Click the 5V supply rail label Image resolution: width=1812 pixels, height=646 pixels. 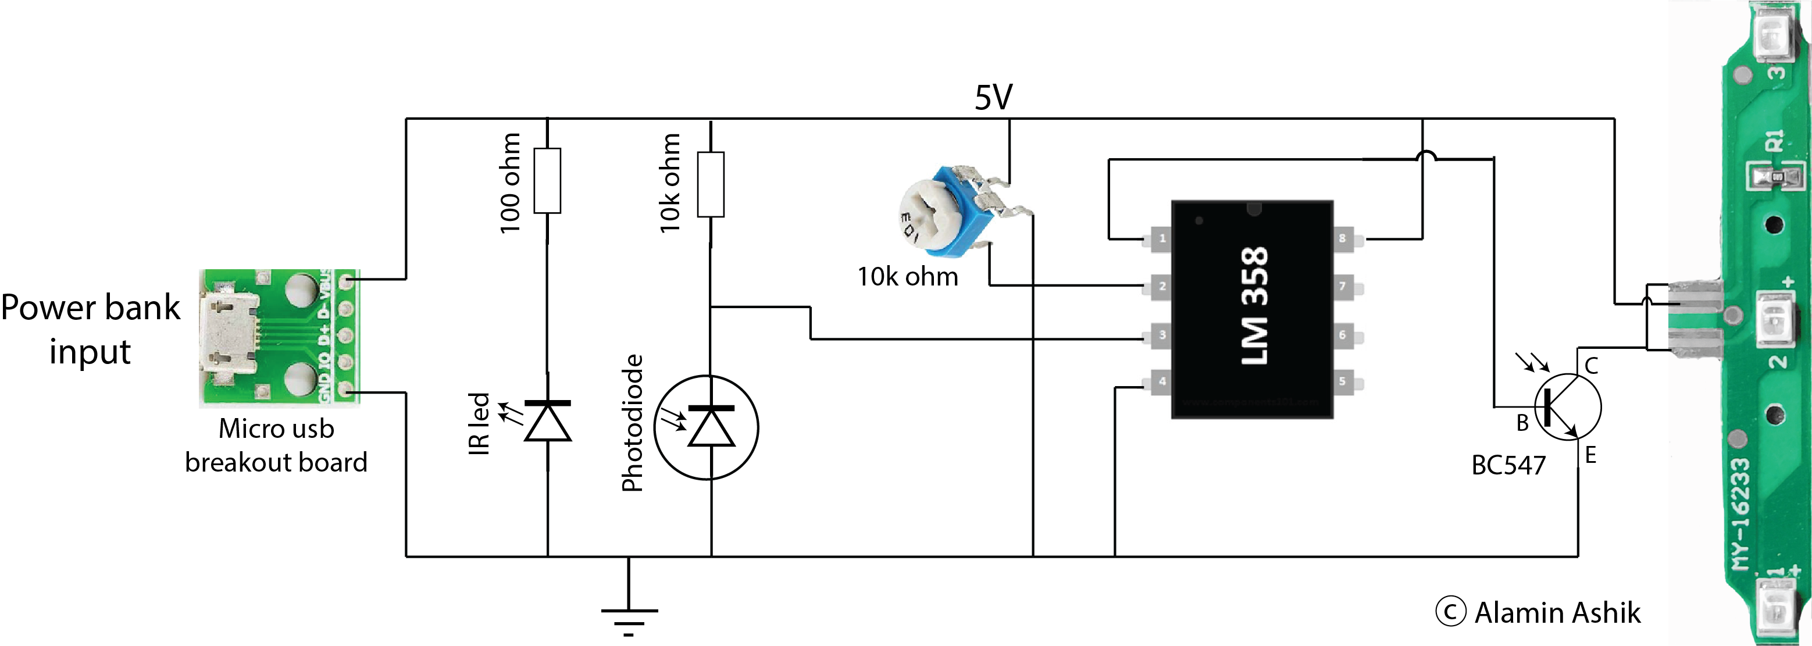[993, 97]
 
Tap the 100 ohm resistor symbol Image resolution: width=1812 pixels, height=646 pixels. [547, 180]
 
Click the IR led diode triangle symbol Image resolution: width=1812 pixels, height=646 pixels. [548, 421]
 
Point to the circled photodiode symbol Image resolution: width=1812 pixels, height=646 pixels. [706, 427]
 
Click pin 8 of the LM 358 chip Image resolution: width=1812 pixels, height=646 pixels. [1344, 238]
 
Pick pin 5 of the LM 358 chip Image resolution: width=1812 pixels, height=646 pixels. [1344, 381]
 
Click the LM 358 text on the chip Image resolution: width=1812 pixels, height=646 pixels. [1254, 305]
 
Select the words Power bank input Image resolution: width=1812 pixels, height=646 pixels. [90, 329]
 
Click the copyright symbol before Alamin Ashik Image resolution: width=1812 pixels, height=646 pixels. [1450, 612]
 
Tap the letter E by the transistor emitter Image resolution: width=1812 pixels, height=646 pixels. [1590, 456]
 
